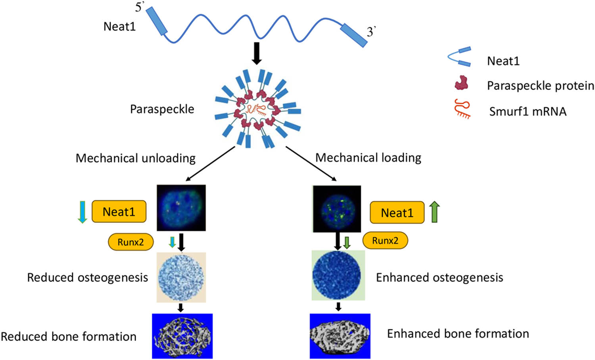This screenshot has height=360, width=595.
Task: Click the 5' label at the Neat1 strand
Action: pos(139,7)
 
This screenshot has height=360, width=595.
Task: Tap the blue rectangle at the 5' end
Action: pos(157,21)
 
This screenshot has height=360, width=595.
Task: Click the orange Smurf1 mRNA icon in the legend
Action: pos(463,109)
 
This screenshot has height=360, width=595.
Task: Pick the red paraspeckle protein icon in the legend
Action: pos(461,83)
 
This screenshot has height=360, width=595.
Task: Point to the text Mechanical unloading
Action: pos(135,158)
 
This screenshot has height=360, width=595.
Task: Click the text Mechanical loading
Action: pos(368,157)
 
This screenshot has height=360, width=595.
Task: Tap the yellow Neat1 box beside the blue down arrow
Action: pos(119,212)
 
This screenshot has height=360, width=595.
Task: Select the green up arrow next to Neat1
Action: pos(435,212)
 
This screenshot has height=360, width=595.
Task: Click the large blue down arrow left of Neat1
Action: pos(83,212)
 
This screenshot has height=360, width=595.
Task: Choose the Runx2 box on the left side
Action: pos(131,242)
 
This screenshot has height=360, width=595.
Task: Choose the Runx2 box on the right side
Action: pos(385,241)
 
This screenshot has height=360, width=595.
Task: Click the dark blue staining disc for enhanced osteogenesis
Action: pos(337,275)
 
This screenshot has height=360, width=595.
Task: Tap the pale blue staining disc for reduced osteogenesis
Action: pos(181,277)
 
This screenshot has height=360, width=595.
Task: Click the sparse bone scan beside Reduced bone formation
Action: pos(182,336)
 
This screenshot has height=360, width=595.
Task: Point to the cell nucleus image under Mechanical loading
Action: pos(337,209)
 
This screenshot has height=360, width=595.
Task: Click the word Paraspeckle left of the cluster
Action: pos(162,109)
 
